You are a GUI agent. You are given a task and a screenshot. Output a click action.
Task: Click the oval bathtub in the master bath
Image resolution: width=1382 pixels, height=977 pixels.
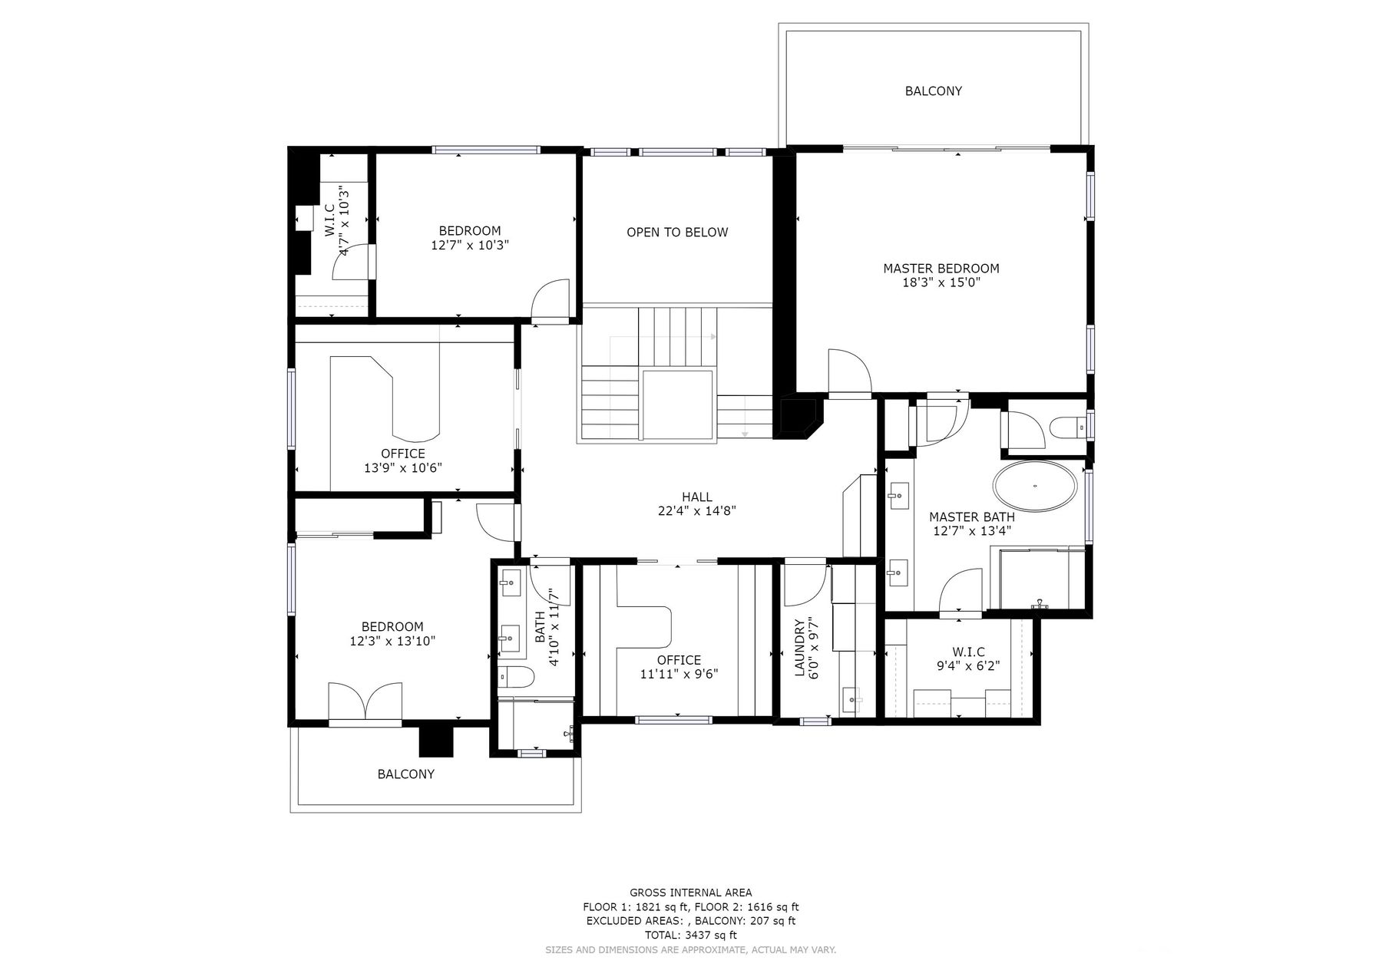[x=1035, y=486]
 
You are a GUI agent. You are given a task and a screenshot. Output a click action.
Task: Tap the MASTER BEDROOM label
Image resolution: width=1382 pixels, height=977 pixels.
[x=941, y=269]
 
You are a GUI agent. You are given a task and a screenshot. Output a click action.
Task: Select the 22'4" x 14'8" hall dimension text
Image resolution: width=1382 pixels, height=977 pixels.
[x=697, y=510]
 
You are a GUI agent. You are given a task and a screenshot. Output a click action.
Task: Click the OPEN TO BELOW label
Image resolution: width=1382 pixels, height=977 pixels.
[x=677, y=233]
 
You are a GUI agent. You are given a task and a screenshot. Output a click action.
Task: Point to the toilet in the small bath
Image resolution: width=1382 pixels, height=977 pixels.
[x=516, y=677]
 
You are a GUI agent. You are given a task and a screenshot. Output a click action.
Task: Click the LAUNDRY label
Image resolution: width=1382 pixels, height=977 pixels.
[x=798, y=648]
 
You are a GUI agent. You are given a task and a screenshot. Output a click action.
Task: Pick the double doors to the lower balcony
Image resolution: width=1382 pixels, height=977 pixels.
[x=365, y=700]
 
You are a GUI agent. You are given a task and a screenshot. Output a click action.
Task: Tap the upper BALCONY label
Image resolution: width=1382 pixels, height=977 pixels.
[x=933, y=91]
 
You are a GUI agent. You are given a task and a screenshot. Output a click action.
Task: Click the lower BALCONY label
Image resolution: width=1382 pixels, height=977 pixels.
[x=406, y=774]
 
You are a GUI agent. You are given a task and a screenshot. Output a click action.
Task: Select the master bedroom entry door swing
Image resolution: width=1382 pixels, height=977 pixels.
[x=849, y=372]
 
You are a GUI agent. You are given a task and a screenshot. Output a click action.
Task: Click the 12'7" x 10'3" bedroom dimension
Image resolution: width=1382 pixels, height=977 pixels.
[x=471, y=246]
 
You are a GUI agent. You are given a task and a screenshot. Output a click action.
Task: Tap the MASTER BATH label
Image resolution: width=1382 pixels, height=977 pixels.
[x=972, y=517]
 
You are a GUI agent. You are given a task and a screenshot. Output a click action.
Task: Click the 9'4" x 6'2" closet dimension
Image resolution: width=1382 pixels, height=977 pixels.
[x=968, y=666]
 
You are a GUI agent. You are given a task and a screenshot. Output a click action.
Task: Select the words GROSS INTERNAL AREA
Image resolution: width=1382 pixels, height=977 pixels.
[x=691, y=893]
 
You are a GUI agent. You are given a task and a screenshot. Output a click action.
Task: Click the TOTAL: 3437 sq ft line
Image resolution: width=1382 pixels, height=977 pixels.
[x=691, y=936]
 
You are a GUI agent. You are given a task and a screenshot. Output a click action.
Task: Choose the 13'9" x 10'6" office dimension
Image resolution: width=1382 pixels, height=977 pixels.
[x=403, y=468]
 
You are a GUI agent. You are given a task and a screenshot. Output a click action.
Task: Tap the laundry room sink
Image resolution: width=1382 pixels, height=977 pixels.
[x=851, y=699]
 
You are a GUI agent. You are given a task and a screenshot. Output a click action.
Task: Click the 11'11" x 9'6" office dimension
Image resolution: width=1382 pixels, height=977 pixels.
[x=679, y=675]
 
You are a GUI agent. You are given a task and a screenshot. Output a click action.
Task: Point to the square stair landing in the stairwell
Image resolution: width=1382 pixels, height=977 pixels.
[x=678, y=404]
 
